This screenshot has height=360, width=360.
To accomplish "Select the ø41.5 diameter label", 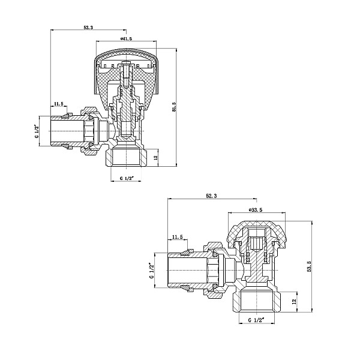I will pos(126,38).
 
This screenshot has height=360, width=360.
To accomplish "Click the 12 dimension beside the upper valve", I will pos(155,157).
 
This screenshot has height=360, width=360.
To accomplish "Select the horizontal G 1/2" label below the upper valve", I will pos(127,179).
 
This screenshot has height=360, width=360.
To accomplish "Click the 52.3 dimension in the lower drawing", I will pos(211,196).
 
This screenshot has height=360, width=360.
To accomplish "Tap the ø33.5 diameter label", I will pos(256,209).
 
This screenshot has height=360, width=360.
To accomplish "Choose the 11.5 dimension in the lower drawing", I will pos(178,237).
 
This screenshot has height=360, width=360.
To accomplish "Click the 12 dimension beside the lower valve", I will pos(294,301).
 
